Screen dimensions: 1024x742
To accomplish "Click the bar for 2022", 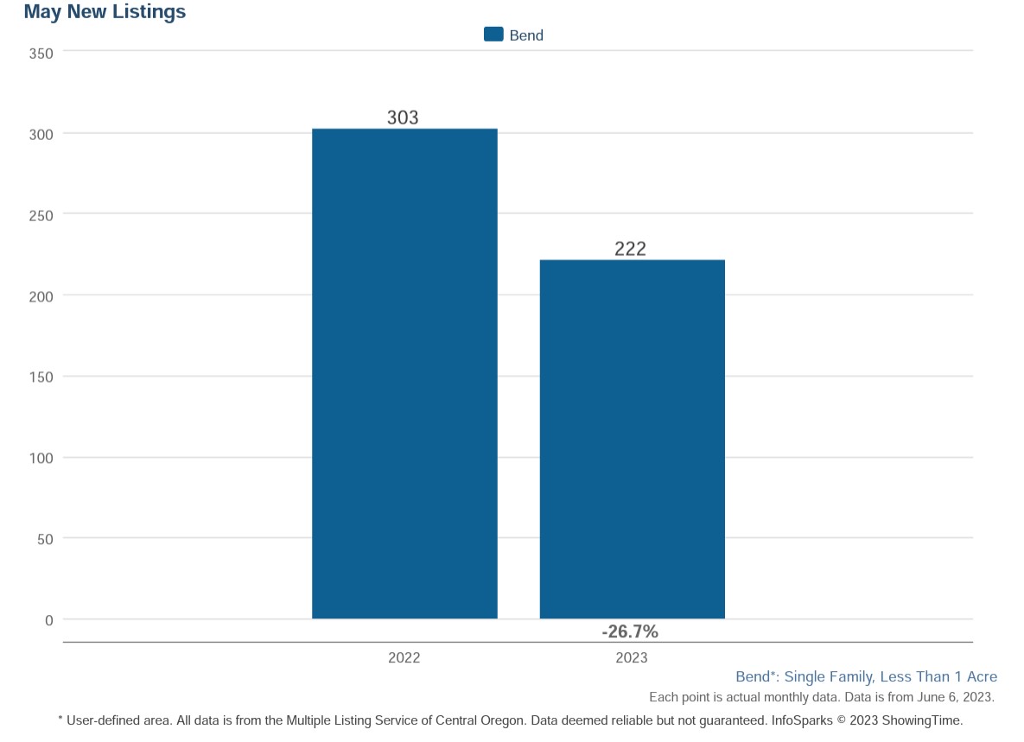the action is [x=404, y=373].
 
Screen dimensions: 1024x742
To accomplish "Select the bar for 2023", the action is [x=633, y=439].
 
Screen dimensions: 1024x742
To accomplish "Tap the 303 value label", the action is [x=403, y=117].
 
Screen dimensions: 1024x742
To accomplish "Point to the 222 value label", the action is [x=630, y=249].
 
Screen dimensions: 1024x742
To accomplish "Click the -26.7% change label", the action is [x=630, y=631].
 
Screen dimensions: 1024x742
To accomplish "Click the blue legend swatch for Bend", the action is [x=493, y=35].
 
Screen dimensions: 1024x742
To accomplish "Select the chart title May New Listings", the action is [x=105, y=12].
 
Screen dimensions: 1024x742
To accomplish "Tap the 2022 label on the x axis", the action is [x=404, y=658].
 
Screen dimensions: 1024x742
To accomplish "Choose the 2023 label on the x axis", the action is [x=632, y=658].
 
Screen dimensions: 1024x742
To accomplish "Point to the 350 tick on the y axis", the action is [x=41, y=54].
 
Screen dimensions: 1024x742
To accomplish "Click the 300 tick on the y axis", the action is [x=41, y=135].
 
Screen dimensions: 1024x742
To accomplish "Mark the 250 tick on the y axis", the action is [x=41, y=216].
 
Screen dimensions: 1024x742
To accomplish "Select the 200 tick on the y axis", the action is [x=41, y=297].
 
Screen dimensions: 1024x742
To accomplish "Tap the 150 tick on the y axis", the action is [x=41, y=377].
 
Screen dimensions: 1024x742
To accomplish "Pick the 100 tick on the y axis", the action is [x=41, y=458].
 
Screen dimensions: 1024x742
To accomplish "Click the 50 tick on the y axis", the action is [x=45, y=540].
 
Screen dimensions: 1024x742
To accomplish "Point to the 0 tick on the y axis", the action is [x=49, y=620].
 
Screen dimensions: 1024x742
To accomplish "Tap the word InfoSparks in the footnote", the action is [x=802, y=721].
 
